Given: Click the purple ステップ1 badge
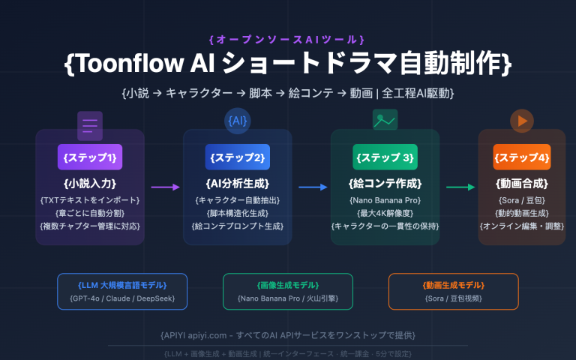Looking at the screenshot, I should (90, 157).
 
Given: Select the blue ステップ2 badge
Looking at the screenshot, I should (238, 157).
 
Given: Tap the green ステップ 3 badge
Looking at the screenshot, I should (385, 157).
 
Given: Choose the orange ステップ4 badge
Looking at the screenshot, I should (522, 157).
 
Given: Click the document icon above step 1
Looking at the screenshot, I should (90, 125).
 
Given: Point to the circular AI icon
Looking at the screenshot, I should (238, 121).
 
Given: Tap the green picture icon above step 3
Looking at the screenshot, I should (385, 120).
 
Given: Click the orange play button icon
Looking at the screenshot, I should (521, 120).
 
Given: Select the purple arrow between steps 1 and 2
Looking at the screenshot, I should (164, 187).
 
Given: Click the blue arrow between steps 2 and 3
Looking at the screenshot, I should (311, 187).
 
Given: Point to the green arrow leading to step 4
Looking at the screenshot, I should (459, 187).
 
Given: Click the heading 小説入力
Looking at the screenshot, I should (90, 183).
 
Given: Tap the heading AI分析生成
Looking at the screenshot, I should (238, 183).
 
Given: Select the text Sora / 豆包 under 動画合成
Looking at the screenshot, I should (522, 199).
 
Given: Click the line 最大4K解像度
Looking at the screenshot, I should (385, 212).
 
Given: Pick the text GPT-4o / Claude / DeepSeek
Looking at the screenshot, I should (122, 299).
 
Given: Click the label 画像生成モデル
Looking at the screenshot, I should (288, 285).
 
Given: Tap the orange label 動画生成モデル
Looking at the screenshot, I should (453, 285).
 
